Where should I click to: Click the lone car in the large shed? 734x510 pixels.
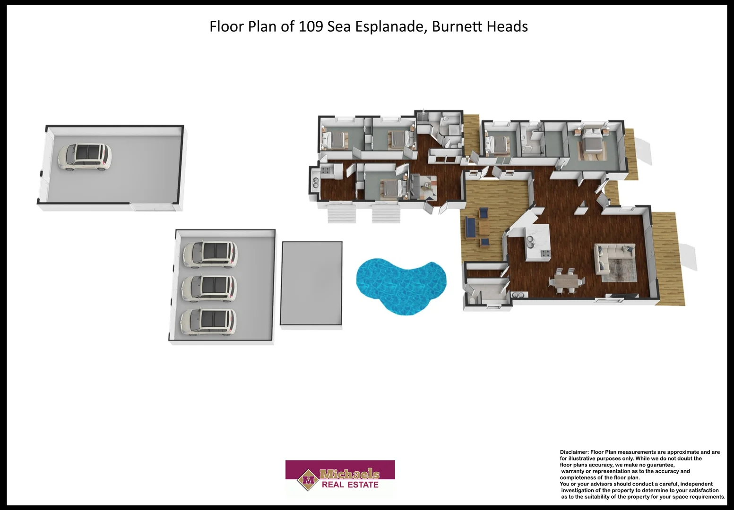point(85,157)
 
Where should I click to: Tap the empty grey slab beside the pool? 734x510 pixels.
point(311,283)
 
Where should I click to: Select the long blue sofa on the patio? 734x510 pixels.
point(470,227)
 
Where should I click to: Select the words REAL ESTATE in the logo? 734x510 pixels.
point(350,485)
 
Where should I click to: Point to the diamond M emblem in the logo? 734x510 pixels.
point(309,480)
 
